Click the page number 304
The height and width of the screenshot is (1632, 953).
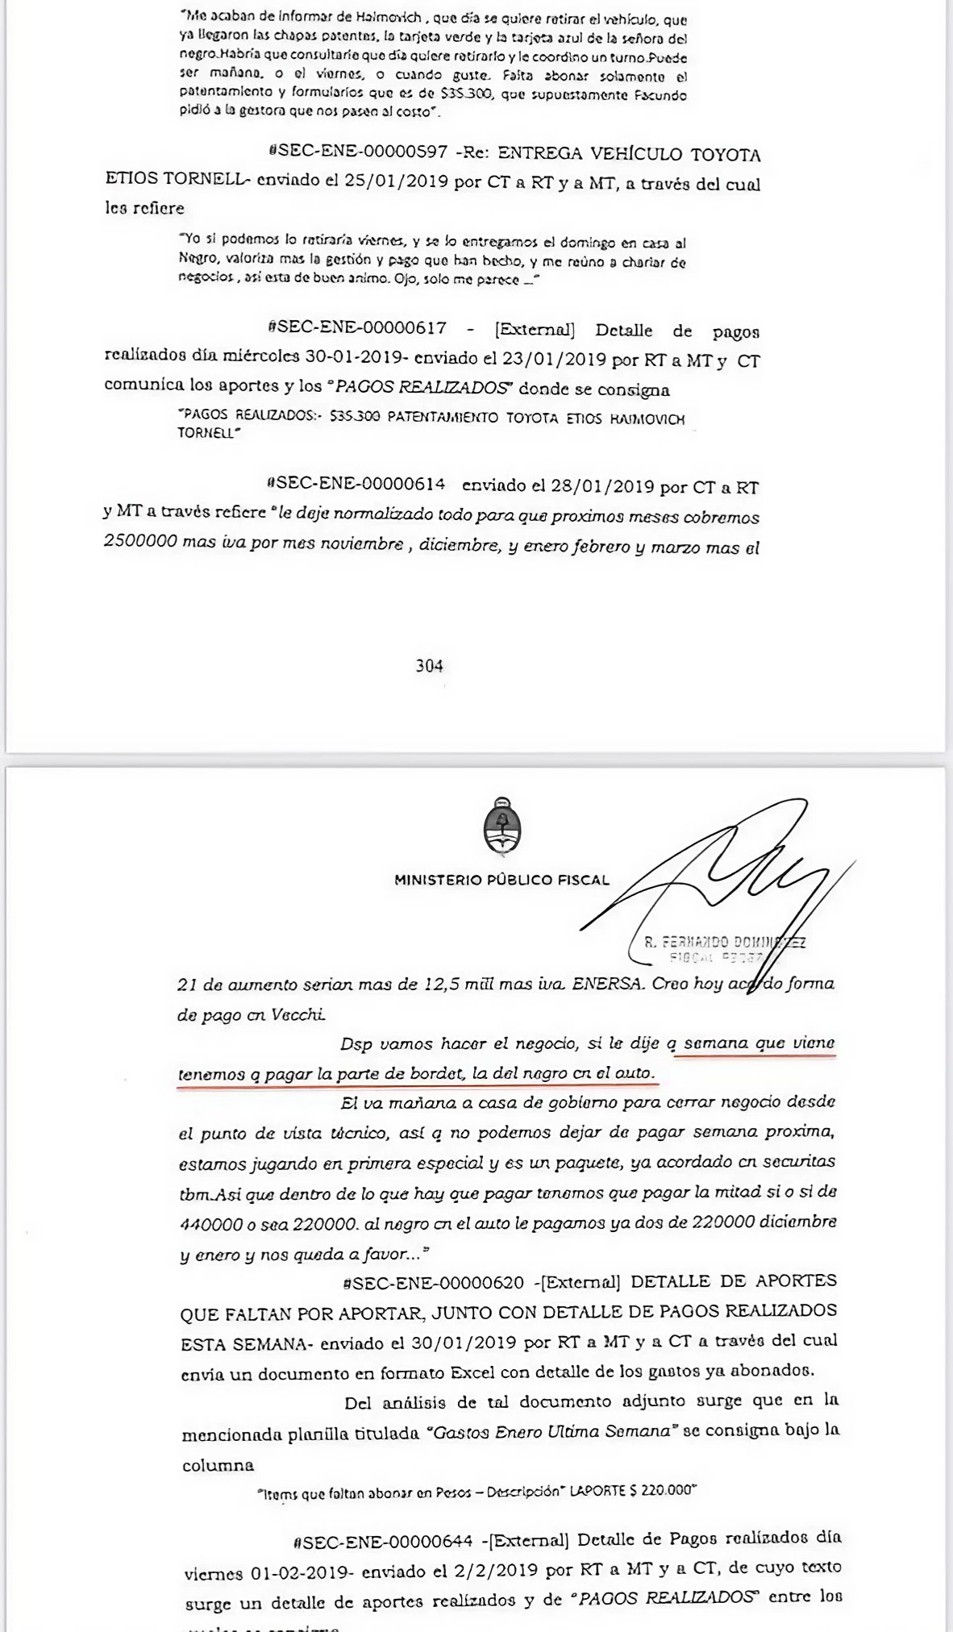coord(429,665)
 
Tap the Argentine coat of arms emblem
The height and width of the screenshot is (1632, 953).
coord(501,826)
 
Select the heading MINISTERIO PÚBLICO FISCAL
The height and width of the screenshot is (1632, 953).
coord(501,880)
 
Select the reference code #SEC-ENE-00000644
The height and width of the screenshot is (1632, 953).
coord(384,1542)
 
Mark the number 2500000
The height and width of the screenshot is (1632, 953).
coord(140,541)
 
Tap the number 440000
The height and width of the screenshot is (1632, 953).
coord(211,1224)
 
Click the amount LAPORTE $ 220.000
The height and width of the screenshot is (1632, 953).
coord(632,1491)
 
